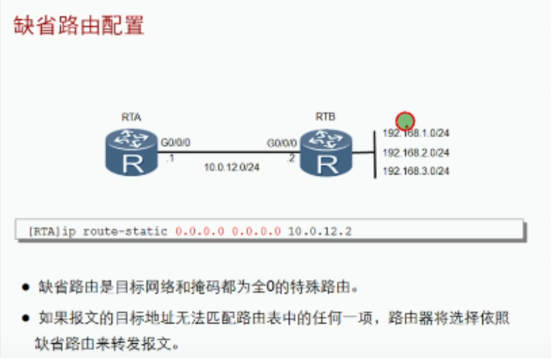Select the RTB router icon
click(325, 152)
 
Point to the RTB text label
click(325, 116)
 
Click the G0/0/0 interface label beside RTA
click(175, 143)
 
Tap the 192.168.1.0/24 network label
click(416, 133)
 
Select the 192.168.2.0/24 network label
click(416, 153)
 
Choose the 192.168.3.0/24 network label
click(416, 170)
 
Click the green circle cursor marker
click(405, 121)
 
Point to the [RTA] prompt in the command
click(43, 231)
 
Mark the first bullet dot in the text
click(26, 287)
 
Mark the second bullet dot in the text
click(26, 318)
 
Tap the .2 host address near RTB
click(292, 158)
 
